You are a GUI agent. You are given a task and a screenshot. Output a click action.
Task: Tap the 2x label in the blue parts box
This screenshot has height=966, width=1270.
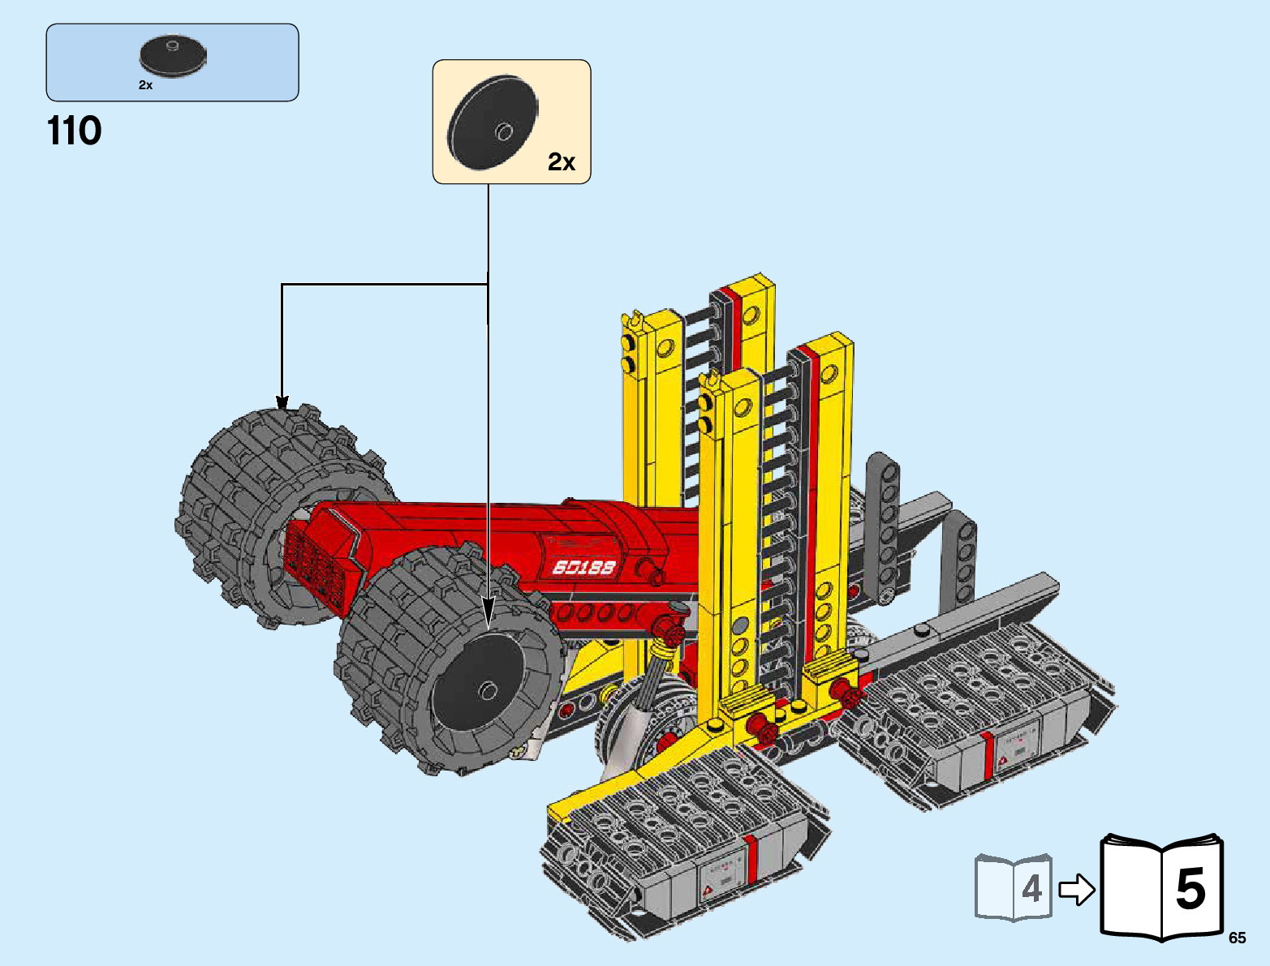[146, 85]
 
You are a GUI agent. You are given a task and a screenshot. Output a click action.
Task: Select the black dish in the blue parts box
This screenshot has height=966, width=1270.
[172, 57]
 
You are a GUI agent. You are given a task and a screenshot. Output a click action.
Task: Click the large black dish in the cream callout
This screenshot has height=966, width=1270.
[493, 122]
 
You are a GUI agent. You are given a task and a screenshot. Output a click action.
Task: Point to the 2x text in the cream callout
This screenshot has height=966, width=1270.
[562, 162]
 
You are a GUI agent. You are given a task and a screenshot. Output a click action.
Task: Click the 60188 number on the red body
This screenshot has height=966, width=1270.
[583, 567]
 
